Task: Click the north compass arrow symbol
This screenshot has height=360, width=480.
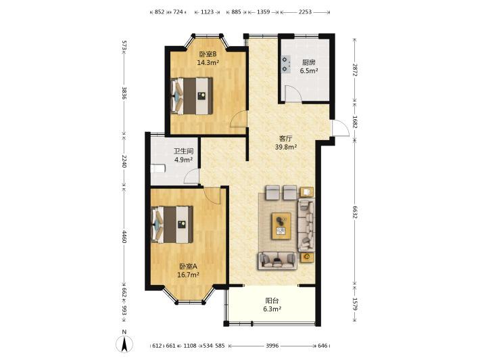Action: point(124,344)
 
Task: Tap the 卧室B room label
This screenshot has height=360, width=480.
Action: point(208,55)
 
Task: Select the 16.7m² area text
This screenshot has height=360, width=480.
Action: point(188,275)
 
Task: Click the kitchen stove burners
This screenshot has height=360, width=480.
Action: point(286,64)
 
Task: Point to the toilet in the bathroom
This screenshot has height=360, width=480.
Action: point(158,168)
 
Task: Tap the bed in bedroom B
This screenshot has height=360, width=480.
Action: point(191,96)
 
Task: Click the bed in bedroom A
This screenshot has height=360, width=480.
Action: point(172,225)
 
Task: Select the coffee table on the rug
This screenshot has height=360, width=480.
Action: point(281,226)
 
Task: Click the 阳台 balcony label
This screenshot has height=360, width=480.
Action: point(272,300)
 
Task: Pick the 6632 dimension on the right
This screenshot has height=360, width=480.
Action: point(355,212)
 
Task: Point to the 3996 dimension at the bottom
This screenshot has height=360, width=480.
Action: point(272,346)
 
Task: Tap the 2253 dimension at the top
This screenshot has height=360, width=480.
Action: point(305,12)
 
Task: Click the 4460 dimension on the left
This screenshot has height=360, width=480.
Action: point(124,237)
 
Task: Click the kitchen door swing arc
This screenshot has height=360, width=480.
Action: point(293,93)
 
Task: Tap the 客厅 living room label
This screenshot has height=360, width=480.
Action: point(285,139)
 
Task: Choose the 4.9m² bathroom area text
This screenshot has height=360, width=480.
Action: point(183,160)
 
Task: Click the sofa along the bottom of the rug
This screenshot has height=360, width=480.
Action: point(277,261)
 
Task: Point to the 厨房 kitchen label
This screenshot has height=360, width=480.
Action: point(308,62)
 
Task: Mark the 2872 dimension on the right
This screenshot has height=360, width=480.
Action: point(355,70)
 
